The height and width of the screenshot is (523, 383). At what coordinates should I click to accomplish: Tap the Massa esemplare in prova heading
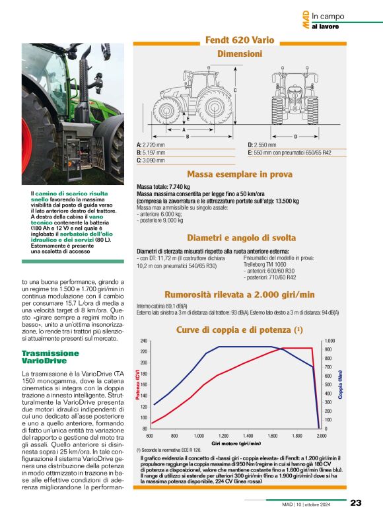pos(240,175)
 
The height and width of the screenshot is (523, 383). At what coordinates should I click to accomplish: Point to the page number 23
pos(355,503)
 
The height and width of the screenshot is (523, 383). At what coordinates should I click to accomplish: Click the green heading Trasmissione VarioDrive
pos(51,357)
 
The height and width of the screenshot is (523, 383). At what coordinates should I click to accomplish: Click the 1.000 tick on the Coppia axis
pos(330,341)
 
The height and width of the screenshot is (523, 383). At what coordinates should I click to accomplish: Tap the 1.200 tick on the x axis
pos(223,436)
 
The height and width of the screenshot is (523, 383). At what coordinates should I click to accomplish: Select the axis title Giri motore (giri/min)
pos(236,444)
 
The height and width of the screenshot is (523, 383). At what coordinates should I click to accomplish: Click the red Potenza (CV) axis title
pos(138,386)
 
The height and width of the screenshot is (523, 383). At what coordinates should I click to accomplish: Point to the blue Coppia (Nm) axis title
pos(341,386)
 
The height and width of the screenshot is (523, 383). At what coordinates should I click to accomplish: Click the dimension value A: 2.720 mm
pos(152,145)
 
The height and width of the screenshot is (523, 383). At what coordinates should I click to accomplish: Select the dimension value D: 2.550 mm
pos(263,145)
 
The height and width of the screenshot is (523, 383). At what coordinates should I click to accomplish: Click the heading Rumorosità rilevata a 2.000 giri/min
pos(240,295)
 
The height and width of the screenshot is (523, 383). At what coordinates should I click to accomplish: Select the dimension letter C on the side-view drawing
pos(235,88)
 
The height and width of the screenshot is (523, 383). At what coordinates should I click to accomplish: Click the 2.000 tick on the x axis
pos(322,436)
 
